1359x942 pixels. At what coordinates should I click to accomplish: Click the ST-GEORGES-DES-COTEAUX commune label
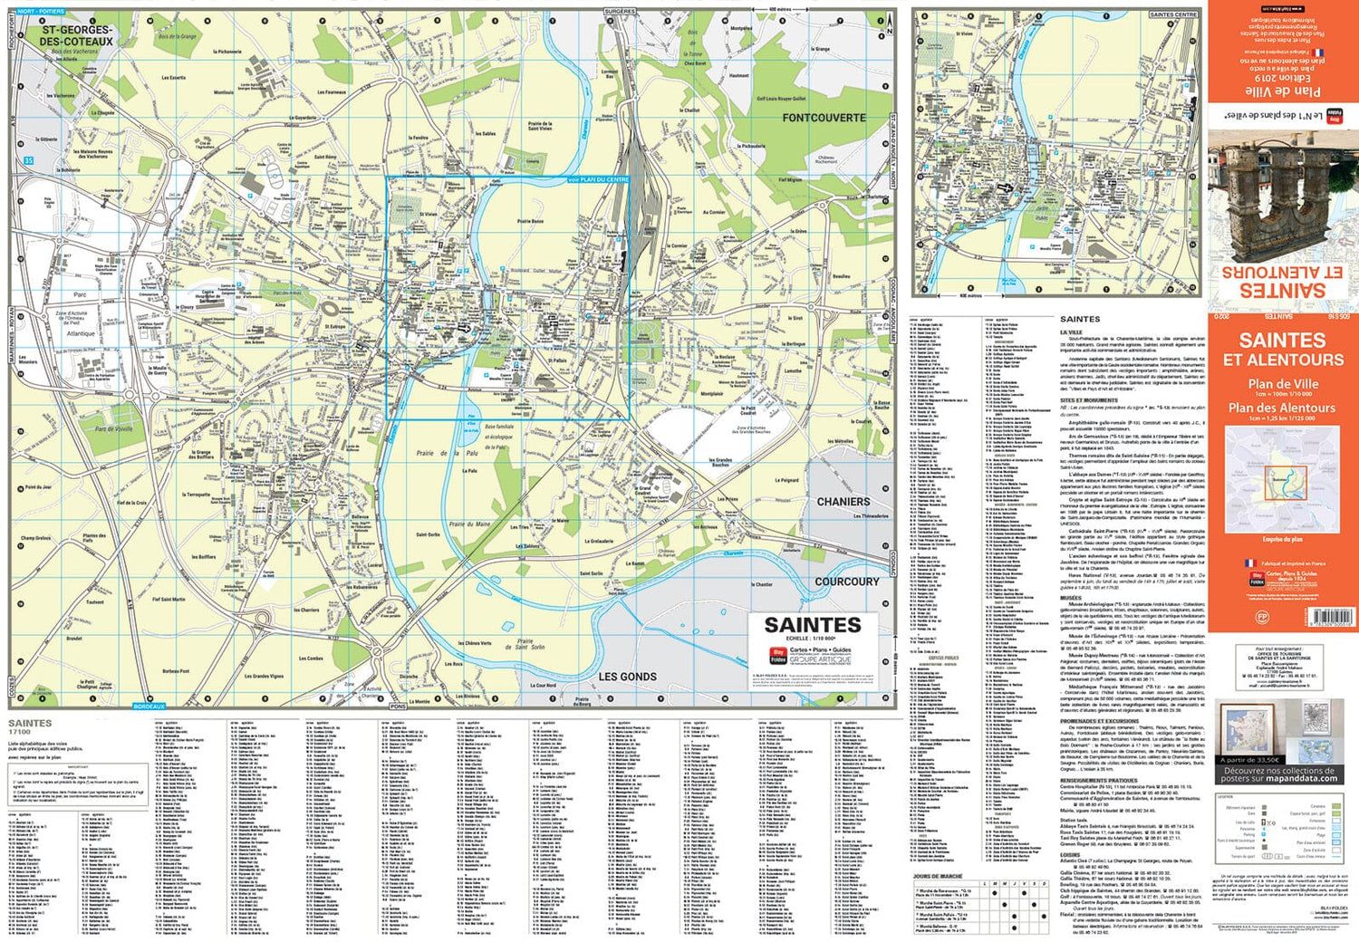tap(77, 35)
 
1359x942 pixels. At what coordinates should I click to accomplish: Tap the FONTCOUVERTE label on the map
tap(824, 118)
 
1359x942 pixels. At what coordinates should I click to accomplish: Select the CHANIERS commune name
tap(843, 501)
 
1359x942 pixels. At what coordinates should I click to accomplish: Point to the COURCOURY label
tap(846, 582)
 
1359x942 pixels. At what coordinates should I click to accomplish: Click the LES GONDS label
tap(627, 677)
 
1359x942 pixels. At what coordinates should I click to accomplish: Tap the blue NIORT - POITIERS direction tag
tap(42, 12)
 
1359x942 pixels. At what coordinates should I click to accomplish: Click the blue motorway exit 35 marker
tap(28, 161)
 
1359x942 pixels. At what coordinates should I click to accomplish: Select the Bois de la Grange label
tap(177, 37)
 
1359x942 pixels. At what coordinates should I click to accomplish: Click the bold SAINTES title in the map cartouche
tap(812, 625)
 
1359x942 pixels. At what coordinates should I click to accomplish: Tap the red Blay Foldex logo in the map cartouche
tap(777, 655)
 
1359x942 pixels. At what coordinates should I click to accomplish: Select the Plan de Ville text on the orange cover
tap(1282, 384)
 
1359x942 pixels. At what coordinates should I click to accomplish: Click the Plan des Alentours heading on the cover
tap(1282, 408)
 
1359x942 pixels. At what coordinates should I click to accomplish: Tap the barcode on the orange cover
tap(1330, 618)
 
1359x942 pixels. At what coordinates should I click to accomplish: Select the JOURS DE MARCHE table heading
tap(938, 877)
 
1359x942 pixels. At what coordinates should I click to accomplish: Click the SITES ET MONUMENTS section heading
tap(1088, 400)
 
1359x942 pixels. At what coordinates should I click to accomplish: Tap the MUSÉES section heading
tap(1071, 598)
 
